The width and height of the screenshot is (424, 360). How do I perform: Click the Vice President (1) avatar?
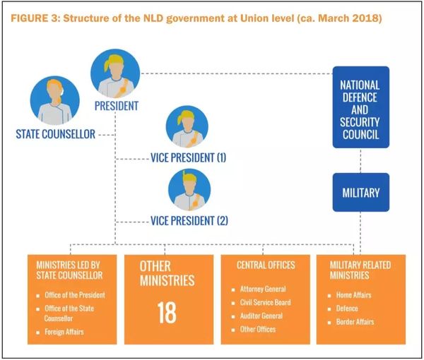[187, 126]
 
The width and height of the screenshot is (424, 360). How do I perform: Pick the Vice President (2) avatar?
[189, 191]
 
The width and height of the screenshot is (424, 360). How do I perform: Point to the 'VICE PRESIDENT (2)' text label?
[189, 220]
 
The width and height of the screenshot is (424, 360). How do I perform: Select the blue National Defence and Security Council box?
[360, 107]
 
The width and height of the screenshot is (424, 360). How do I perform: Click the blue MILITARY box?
[360, 192]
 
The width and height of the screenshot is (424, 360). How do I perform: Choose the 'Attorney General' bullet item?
[264, 290]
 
